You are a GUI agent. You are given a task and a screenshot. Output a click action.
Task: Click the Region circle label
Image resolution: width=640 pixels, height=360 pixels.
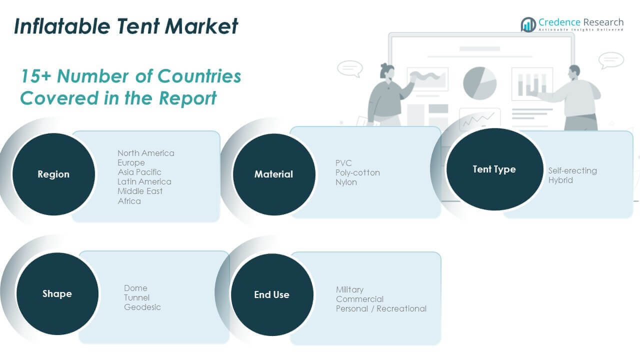pyautogui.click(x=53, y=174)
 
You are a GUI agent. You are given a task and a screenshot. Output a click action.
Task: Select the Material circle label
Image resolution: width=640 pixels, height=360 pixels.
pyautogui.click(x=273, y=174)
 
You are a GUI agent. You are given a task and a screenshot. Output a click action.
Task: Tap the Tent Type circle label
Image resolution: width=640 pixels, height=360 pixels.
pyautogui.click(x=494, y=169)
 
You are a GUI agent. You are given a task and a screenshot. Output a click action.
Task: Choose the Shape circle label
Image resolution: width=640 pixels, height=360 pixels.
pyautogui.click(x=57, y=294)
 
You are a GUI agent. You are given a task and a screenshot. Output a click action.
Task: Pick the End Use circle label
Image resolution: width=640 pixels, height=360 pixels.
pyautogui.click(x=271, y=295)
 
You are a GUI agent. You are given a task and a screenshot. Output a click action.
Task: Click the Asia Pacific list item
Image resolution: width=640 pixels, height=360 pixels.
pyautogui.click(x=139, y=172)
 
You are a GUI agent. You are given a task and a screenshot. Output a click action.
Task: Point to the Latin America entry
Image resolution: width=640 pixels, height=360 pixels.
pyautogui.click(x=144, y=181)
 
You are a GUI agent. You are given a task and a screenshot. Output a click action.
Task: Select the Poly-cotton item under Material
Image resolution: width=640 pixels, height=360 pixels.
pyautogui.click(x=358, y=172)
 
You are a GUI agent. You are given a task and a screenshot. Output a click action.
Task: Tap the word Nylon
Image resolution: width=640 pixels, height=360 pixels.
pyautogui.click(x=346, y=182)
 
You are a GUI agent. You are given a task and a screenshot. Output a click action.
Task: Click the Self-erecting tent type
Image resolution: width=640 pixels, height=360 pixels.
pyautogui.click(x=572, y=170)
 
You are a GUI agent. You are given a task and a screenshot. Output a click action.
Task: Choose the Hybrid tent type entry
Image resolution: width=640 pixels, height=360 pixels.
pyautogui.click(x=560, y=180)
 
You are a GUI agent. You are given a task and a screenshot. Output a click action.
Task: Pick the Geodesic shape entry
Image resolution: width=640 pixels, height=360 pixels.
pyautogui.click(x=142, y=307)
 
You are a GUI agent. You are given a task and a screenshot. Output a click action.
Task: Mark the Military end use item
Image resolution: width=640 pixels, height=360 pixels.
pyautogui.click(x=350, y=289)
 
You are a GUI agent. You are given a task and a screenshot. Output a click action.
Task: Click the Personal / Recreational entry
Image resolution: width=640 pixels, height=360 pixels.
pyautogui.click(x=381, y=308)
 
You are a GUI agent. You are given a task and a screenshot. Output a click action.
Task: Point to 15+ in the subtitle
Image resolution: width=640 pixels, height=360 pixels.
pyautogui.click(x=35, y=76)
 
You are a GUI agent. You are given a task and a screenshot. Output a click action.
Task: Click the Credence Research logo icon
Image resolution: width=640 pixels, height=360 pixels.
pyautogui.click(x=528, y=24)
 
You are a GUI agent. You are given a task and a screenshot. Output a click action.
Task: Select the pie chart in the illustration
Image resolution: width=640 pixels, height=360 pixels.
pyautogui.click(x=479, y=82)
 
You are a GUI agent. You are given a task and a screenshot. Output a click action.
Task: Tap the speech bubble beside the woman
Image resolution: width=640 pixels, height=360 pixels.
pyautogui.click(x=349, y=68)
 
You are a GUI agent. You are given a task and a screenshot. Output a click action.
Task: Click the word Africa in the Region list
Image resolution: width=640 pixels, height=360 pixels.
pyautogui.click(x=129, y=201)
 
